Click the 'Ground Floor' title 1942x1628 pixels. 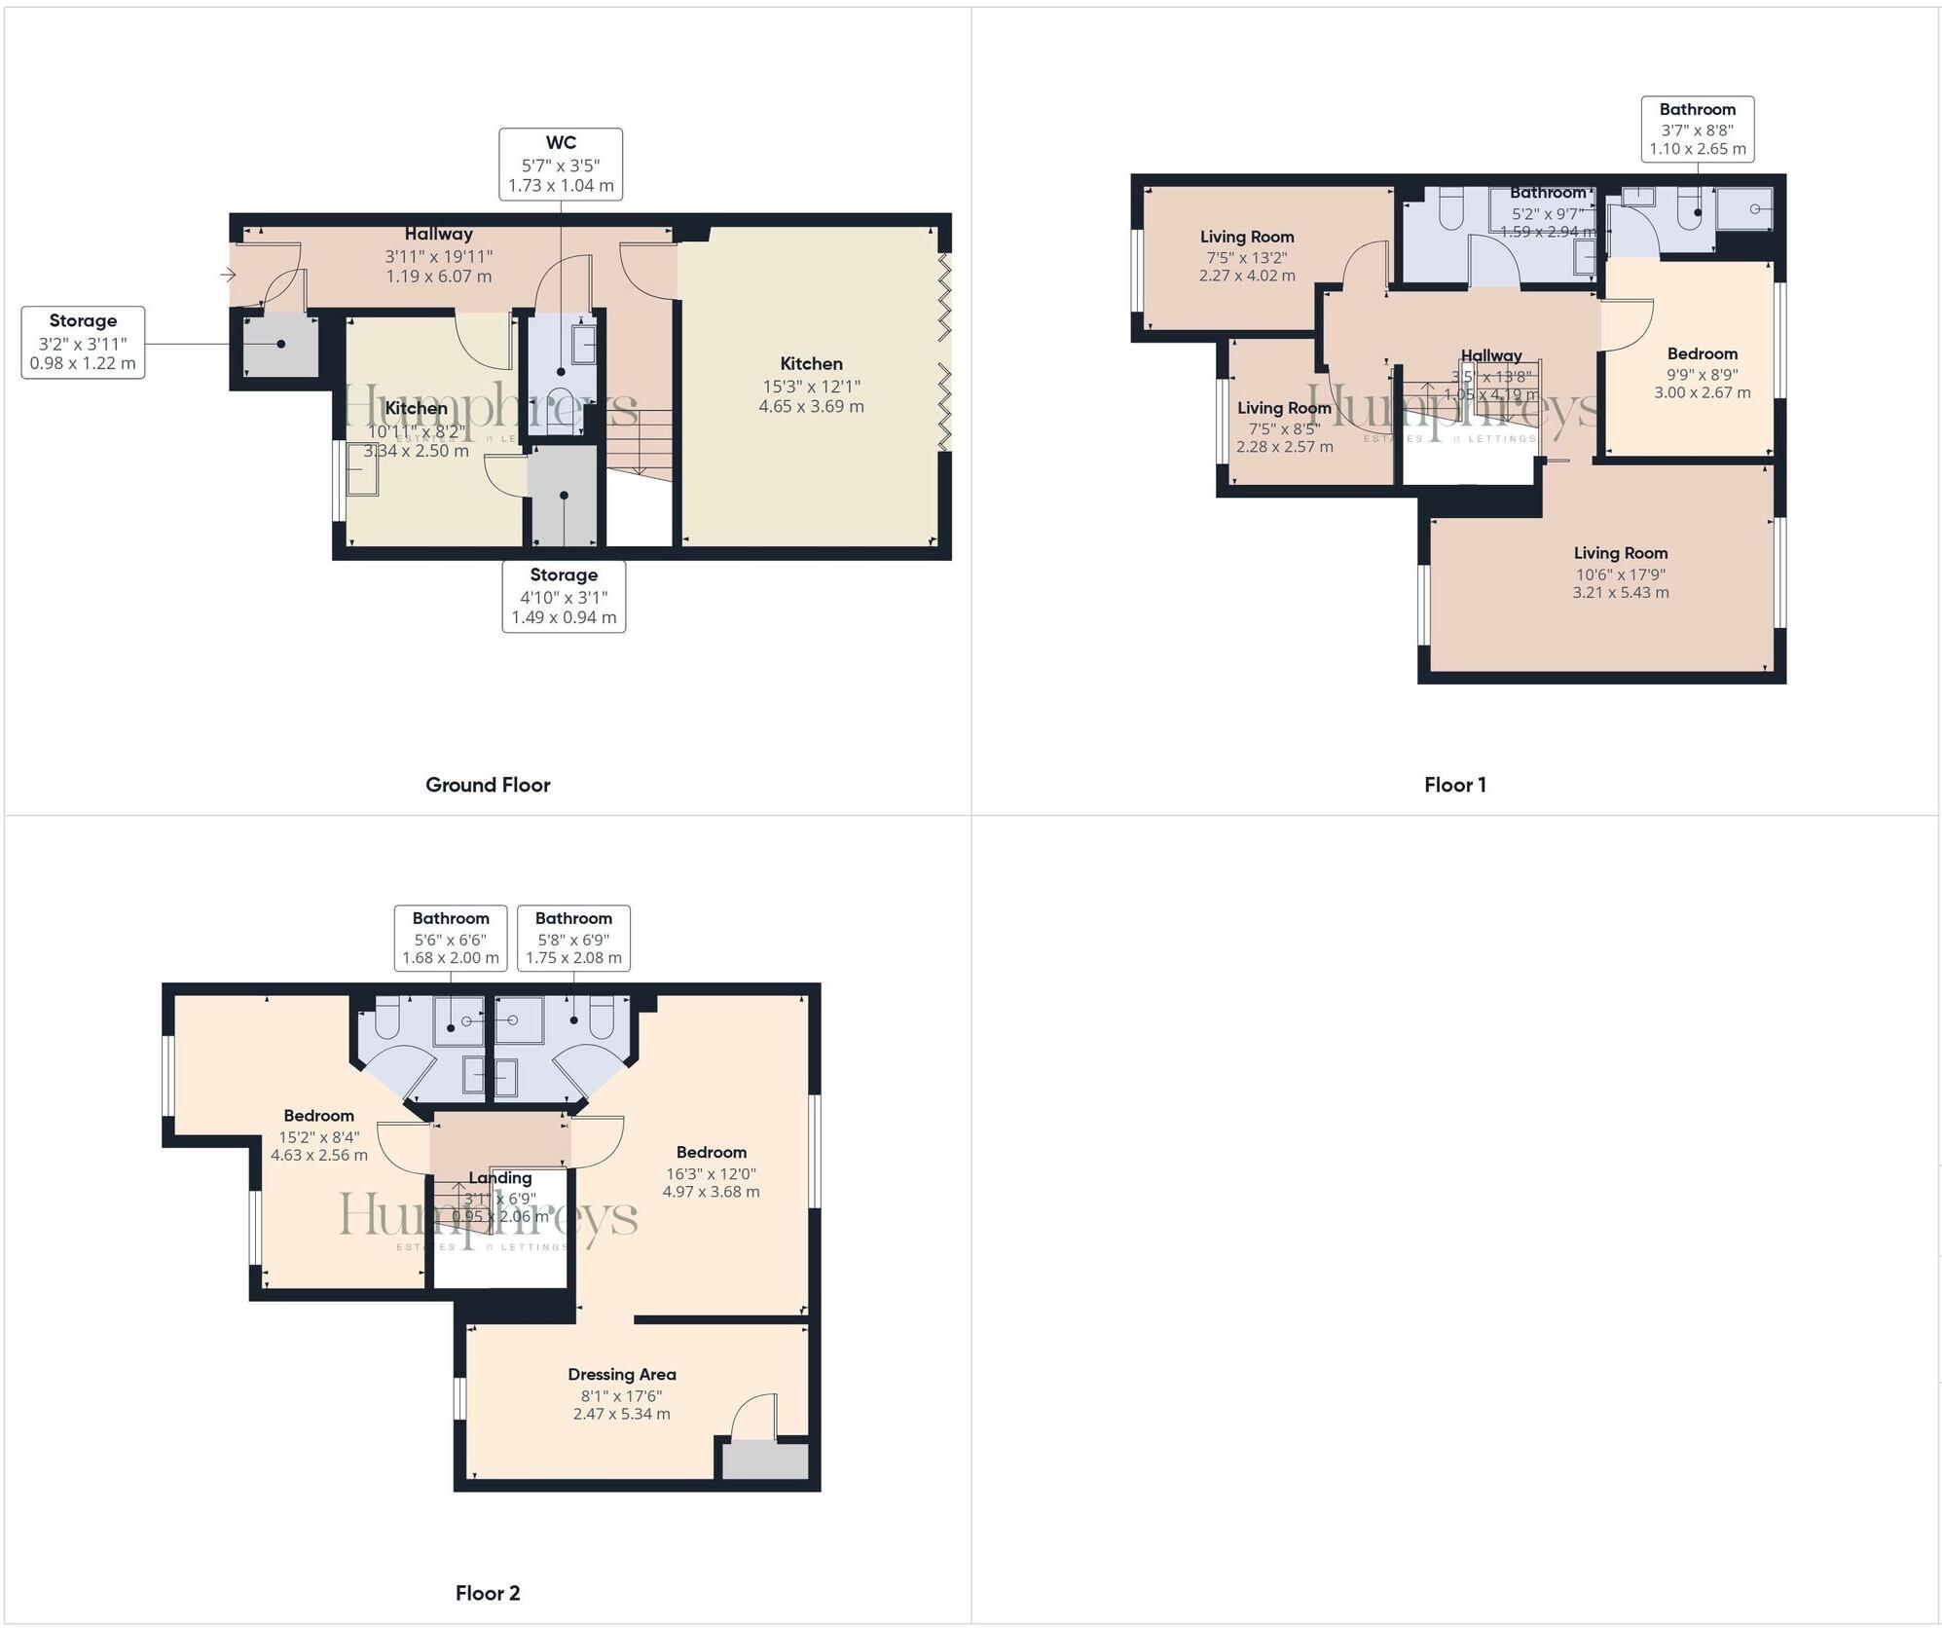(488, 785)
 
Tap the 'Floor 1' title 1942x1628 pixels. (1454, 785)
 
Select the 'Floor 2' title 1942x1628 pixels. (488, 1593)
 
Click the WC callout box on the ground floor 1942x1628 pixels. (561, 165)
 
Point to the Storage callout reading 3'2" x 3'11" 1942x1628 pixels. (83, 342)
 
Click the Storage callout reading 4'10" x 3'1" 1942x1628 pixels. (564, 596)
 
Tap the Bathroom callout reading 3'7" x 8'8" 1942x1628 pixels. (1697, 129)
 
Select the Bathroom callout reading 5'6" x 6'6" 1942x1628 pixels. (450, 938)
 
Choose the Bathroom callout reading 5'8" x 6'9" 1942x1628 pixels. (573, 938)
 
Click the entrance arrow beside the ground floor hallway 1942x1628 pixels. (228, 276)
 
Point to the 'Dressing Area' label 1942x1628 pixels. (621, 1374)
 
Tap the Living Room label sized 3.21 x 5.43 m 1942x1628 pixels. (1620, 572)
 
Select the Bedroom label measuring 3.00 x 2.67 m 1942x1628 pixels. (1702, 373)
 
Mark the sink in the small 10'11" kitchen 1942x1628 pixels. (362, 476)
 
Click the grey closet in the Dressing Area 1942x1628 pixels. (764, 1461)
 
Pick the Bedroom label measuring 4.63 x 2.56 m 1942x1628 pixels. (318, 1134)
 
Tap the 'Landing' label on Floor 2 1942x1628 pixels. (499, 1177)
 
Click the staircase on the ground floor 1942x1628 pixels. (641, 442)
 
